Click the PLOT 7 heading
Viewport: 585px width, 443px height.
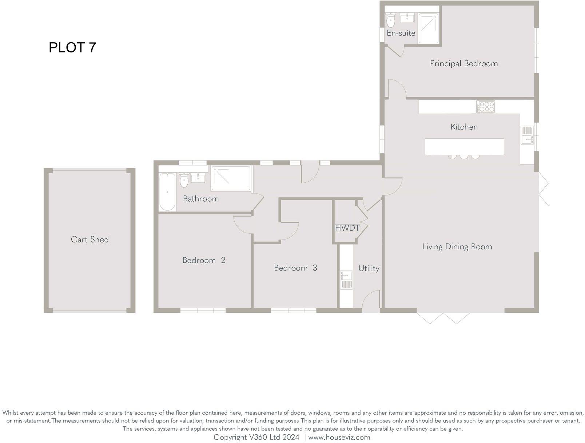(72, 48)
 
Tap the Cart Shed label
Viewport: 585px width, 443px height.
(89, 240)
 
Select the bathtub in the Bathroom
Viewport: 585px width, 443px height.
(167, 192)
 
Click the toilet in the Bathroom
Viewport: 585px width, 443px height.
(184, 180)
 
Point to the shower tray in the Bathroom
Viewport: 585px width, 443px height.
(231, 178)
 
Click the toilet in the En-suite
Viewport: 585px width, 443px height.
(391, 20)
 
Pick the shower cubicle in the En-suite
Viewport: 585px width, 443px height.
(428, 28)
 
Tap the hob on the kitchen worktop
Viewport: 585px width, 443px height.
(486, 107)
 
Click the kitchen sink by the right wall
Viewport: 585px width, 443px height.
(527, 135)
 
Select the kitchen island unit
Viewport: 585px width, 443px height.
(464, 146)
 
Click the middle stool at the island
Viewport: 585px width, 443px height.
(464, 157)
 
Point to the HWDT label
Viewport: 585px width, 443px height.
(347, 228)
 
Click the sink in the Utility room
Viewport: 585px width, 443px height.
(346, 280)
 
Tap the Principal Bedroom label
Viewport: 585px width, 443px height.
(464, 64)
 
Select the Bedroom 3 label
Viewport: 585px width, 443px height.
(295, 268)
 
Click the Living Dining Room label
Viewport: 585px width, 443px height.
(457, 247)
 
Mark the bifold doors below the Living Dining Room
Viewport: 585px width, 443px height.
(443, 318)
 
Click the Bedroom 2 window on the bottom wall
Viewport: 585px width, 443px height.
(203, 311)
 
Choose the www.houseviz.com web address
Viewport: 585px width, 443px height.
(339, 437)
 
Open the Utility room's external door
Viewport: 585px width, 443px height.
(371, 301)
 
